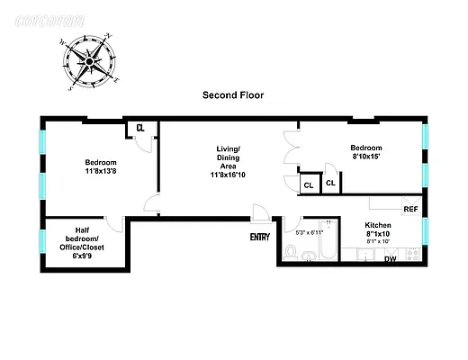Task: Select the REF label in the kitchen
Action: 410,209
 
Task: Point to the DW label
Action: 391,259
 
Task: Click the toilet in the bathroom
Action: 291,251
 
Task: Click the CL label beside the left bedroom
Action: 140,128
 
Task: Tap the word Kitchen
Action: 378,225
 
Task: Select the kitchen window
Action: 425,231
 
